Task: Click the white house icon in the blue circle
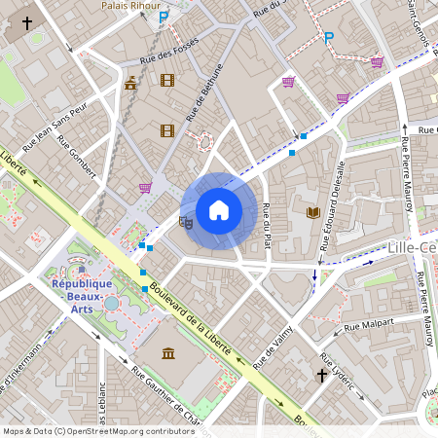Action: click(218, 210)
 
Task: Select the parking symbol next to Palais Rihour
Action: click(164, 17)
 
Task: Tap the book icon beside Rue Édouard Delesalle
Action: click(313, 212)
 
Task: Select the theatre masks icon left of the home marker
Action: click(186, 221)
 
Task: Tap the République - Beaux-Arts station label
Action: click(84, 290)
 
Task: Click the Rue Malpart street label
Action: click(369, 322)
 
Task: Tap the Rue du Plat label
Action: click(266, 225)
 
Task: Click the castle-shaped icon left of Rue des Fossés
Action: click(130, 82)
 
